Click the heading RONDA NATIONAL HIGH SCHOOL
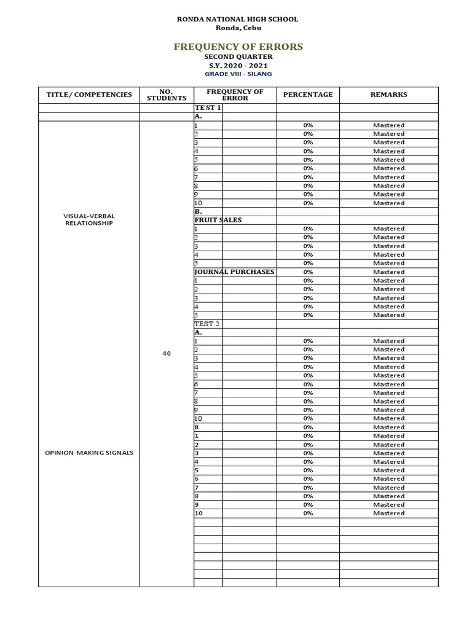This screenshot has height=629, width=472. (237, 19)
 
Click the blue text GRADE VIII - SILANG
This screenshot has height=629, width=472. (238, 74)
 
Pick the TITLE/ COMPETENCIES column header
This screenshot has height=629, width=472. (89, 95)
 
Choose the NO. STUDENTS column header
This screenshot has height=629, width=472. (167, 95)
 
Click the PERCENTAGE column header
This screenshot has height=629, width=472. (308, 95)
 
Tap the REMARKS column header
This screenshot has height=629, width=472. (388, 95)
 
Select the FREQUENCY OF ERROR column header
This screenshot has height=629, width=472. (235, 95)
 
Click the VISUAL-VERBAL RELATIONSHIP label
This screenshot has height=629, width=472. (89, 220)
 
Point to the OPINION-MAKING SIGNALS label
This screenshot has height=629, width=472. (89, 453)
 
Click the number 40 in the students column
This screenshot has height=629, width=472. (167, 354)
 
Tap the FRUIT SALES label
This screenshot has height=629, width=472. (218, 220)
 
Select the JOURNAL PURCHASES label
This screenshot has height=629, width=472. (234, 272)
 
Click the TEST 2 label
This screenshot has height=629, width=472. (207, 324)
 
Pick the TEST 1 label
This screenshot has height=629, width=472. (208, 107)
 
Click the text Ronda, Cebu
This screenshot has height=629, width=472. (237, 28)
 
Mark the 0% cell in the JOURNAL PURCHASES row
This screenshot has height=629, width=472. (308, 272)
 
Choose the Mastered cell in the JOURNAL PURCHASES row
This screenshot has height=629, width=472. (388, 272)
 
